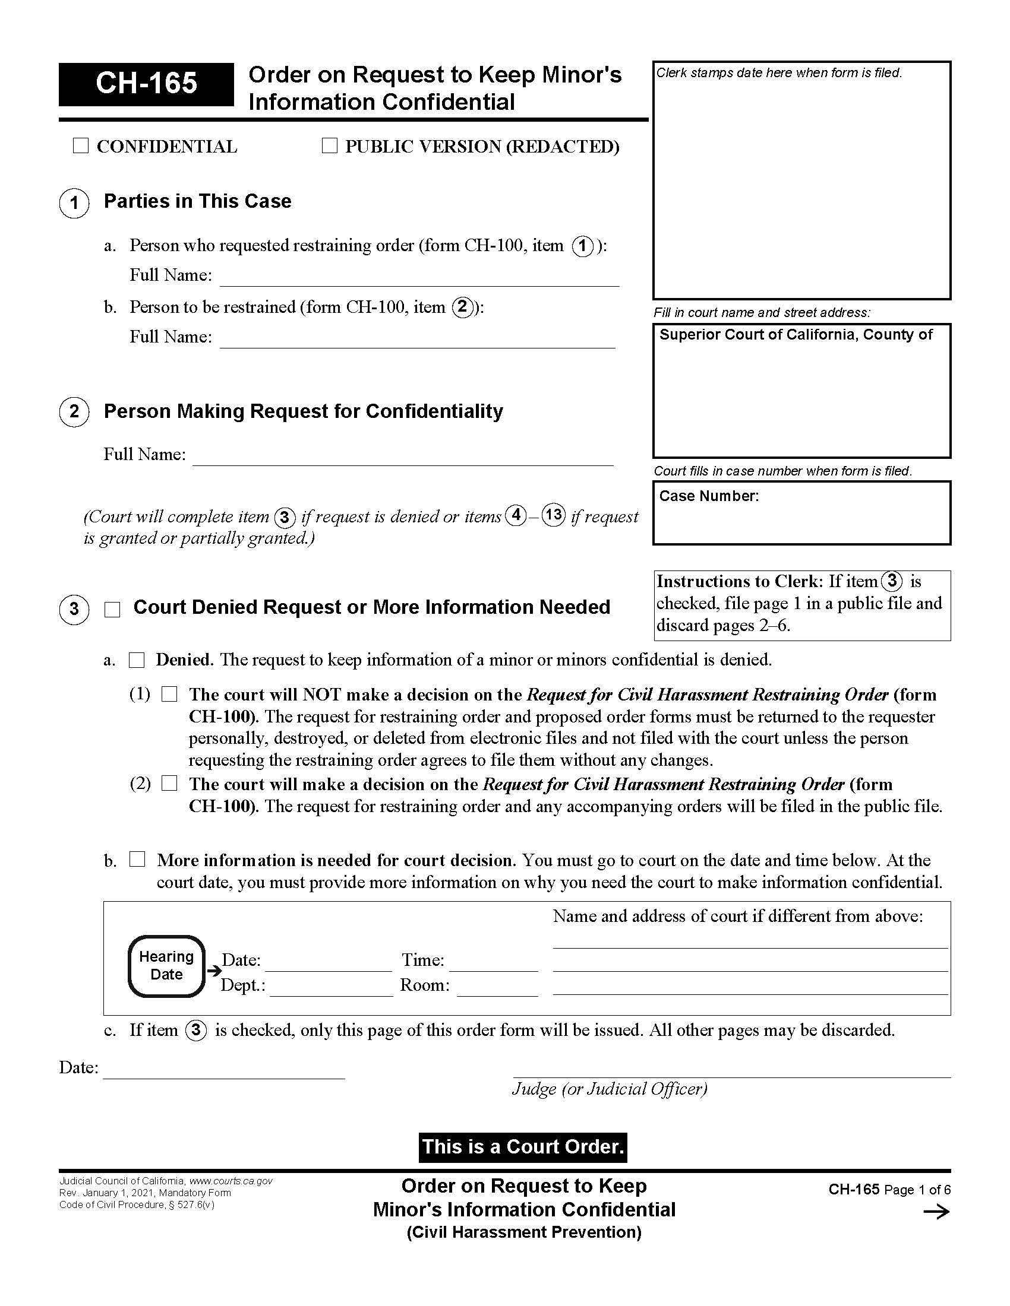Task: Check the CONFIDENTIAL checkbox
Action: click(x=80, y=146)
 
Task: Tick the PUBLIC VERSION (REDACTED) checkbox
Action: click(x=330, y=146)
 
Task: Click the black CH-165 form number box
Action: click(x=146, y=83)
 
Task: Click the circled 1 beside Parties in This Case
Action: click(x=74, y=203)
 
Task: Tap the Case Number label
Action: click(x=708, y=496)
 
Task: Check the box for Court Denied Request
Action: click(x=112, y=609)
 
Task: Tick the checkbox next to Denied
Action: click(x=137, y=660)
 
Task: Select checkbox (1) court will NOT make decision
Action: click(x=170, y=695)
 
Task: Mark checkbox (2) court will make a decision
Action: click(x=170, y=784)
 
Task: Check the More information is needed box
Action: click(x=138, y=860)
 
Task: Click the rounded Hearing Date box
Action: click(x=167, y=966)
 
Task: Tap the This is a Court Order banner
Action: click(x=523, y=1147)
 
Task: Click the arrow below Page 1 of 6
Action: click(x=936, y=1212)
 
